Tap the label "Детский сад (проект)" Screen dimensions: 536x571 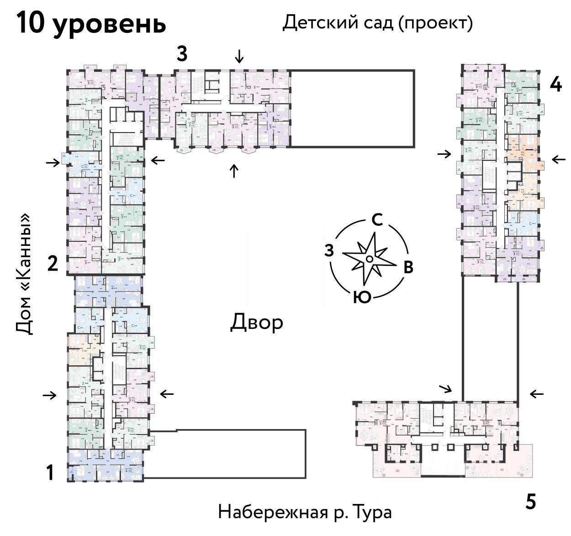[x=377, y=22]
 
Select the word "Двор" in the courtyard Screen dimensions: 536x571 [x=256, y=323]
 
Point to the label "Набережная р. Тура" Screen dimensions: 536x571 [x=305, y=512]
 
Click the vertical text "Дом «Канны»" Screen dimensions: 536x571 [x=25, y=274]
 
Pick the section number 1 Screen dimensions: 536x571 [x=51, y=472]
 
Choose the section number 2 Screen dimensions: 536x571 [x=53, y=264]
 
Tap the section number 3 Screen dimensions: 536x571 [x=182, y=54]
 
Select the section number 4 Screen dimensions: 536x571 [x=555, y=85]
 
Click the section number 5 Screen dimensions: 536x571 [x=530, y=502]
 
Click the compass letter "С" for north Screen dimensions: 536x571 [x=377, y=220]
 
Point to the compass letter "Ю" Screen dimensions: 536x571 [x=362, y=297]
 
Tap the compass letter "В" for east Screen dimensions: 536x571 [x=408, y=268]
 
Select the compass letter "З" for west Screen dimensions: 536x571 [x=328, y=250]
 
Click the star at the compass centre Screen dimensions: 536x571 [x=369, y=259]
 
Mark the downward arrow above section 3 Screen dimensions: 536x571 [x=239, y=57]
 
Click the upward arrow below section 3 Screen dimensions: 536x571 [x=234, y=171]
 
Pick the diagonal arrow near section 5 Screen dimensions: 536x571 [x=445, y=389]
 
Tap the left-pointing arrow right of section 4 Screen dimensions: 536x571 [x=558, y=159]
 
